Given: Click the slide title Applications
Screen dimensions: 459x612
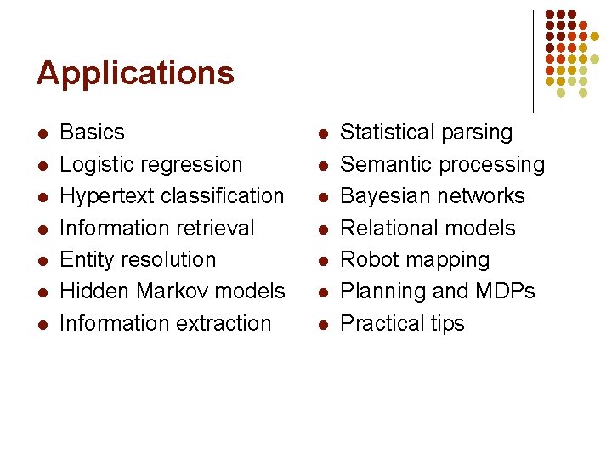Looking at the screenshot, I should coord(135,74).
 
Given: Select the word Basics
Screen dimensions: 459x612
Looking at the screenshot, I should coord(93,133).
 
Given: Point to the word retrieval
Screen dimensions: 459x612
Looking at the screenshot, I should coord(216,228).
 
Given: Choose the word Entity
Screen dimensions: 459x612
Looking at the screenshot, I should coord(85,259).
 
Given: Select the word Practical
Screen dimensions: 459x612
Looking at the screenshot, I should coord(380,323).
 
